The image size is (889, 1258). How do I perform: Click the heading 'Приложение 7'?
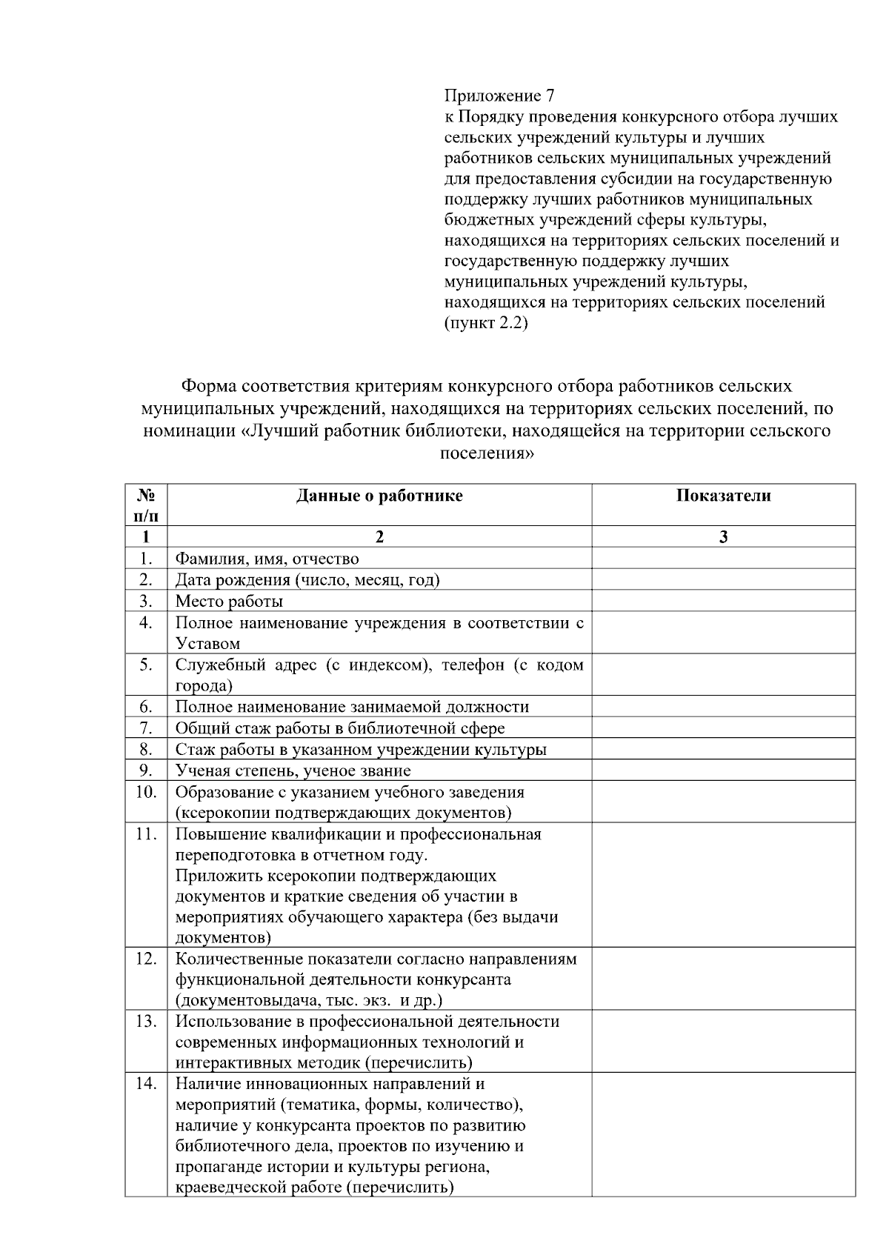[499, 96]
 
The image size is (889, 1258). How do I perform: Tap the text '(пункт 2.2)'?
[485, 324]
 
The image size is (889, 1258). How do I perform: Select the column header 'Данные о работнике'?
[379, 496]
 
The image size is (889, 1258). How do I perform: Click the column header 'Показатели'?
[723, 496]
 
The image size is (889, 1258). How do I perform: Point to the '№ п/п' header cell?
[146, 505]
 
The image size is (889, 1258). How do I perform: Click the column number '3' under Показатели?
[723, 537]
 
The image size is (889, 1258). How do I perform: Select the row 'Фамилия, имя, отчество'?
[267, 559]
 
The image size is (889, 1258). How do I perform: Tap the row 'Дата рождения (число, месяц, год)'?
[307, 579]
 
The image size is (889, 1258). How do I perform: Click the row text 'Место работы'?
[229, 601]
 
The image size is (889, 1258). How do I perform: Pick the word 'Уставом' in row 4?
[207, 643]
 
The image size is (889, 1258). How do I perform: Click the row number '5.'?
[146, 665]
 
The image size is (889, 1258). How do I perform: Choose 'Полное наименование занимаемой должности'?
[352, 707]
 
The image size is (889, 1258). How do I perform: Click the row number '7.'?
[146, 728]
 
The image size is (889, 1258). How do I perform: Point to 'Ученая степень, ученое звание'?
[293, 771]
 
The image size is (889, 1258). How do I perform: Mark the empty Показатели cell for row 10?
[723, 802]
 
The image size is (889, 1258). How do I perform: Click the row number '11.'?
[146, 834]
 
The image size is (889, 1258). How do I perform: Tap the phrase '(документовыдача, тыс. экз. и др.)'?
[308, 1000]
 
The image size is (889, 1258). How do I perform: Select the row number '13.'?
[146, 1022]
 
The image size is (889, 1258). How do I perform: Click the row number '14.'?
[146, 1084]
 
